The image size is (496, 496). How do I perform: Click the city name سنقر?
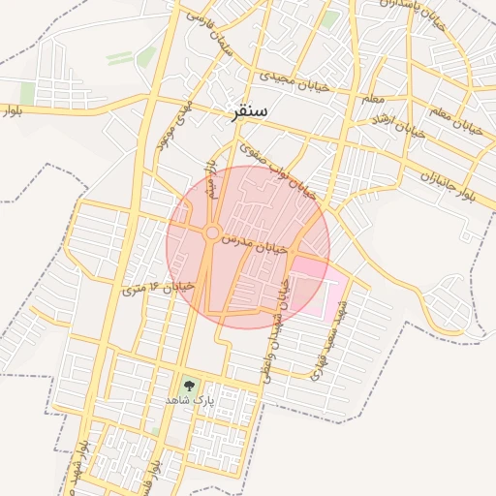250,112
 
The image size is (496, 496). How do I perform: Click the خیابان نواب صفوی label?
279,171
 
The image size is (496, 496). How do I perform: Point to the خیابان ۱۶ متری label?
160,288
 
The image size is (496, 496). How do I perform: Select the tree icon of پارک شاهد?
188,385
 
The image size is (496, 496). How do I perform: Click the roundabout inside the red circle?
212,232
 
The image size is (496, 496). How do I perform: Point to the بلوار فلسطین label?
97,465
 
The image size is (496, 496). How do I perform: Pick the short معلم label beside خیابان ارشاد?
373,99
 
